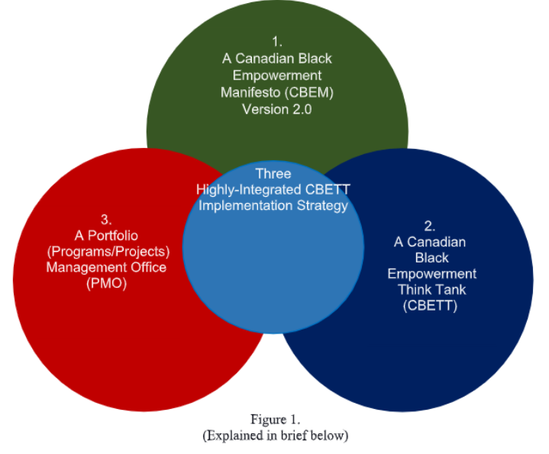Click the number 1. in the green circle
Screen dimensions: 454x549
[x=276, y=41]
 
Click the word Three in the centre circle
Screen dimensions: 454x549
[x=273, y=173]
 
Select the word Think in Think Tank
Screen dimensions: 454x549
[x=415, y=290]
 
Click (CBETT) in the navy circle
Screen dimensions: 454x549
[x=431, y=306]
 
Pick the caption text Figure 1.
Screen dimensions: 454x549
[x=276, y=419]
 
